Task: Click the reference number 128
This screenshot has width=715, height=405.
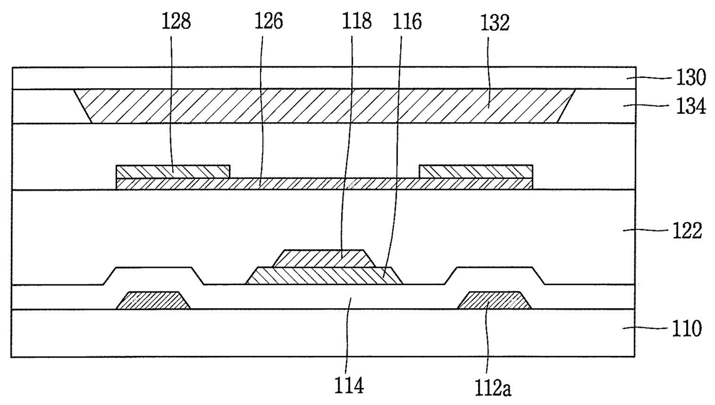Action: (176, 22)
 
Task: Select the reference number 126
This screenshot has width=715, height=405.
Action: (269, 22)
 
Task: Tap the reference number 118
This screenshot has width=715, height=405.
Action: (356, 22)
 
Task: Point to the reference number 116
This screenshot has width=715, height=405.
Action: (407, 22)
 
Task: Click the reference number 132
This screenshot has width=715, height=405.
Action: (495, 23)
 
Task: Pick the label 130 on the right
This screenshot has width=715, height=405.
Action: (691, 78)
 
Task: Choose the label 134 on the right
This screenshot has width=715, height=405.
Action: (691, 106)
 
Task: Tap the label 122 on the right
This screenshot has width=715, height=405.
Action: (687, 230)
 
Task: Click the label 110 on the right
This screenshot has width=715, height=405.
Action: (687, 328)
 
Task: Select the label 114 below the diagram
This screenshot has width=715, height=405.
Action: (349, 385)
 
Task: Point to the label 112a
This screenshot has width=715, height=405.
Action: (493, 388)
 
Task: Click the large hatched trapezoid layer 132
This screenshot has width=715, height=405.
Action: (325, 106)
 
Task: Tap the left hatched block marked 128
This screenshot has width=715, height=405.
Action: (173, 171)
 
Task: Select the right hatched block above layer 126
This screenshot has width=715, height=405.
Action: (476, 171)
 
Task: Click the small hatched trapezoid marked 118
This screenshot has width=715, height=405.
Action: (324, 258)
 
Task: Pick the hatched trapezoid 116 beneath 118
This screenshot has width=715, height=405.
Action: (324, 276)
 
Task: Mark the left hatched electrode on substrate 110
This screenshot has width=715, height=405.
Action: (153, 300)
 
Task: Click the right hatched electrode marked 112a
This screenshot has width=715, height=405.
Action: (494, 300)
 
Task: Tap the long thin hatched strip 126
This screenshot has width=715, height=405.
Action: (324, 184)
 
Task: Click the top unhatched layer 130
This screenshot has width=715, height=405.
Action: (324, 78)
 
